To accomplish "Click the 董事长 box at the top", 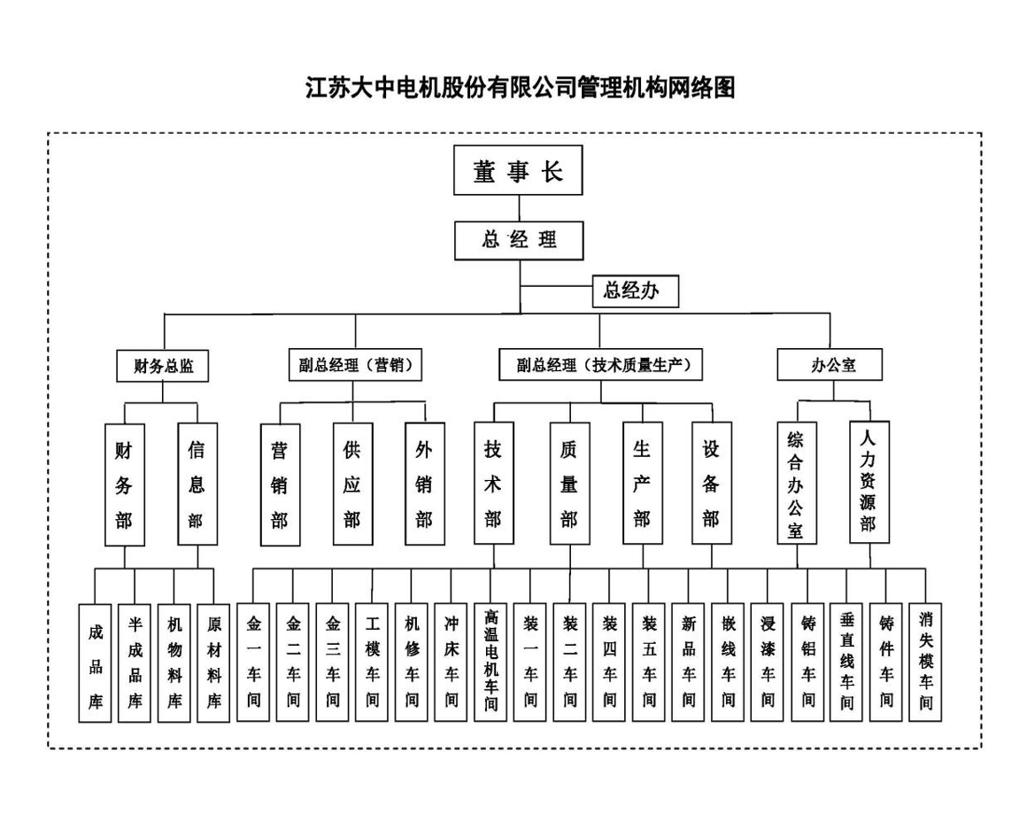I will click(x=519, y=170).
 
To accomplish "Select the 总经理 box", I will click(x=519, y=242).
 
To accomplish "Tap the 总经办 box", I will click(x=635, y=291).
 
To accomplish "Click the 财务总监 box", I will click(x=163, y=365).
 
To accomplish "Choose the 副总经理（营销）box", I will click(x=355, y=364).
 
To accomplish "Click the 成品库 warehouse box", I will click(x=96, y=663).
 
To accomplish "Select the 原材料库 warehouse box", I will click(x=214, y=663).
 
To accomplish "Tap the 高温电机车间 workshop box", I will click(x=490, y=663).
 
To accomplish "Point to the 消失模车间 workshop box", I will click(x=926, y=663).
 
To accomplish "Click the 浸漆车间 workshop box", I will click(x=768, y=663).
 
